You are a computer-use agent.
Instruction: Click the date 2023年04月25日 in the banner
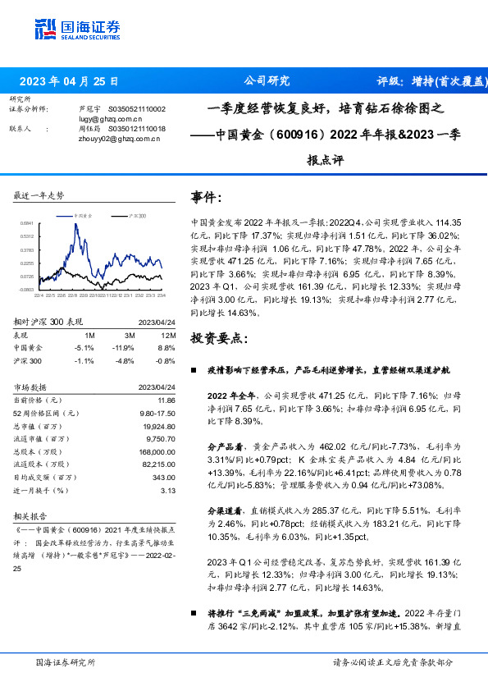[69, 81]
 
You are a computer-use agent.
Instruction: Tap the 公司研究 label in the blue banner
[267, 81]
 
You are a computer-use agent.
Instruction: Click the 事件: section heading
[207, 198]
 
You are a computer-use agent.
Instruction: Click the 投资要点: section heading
[216, 338]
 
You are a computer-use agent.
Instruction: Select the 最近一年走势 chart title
[39, 195]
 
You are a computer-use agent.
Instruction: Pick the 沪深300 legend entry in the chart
[136, 215]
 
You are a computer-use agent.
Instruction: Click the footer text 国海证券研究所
[66, 661]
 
